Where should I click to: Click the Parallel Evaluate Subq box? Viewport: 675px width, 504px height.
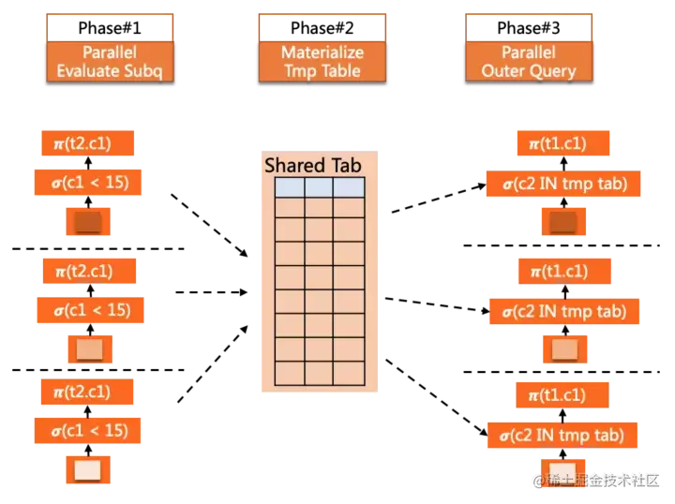[111, 61]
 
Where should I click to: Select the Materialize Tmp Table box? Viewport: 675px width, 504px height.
[322, 61]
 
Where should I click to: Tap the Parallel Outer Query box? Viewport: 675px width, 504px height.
[528, 61]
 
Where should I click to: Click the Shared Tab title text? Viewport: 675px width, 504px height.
[312, 165]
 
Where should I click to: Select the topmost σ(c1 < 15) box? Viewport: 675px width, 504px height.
[88, 182]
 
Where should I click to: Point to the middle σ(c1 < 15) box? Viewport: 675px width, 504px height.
[90, 309]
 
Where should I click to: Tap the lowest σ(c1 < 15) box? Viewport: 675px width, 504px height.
[88, 430]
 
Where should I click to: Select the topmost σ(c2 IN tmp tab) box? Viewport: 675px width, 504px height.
[562, 183]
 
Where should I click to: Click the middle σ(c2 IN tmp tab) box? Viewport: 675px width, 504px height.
[563, 310]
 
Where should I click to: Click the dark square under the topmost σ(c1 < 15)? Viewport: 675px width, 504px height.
[87, 221]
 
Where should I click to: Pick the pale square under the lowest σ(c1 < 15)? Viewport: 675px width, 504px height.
[87, 469]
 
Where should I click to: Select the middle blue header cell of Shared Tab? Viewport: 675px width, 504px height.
[319, 187]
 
